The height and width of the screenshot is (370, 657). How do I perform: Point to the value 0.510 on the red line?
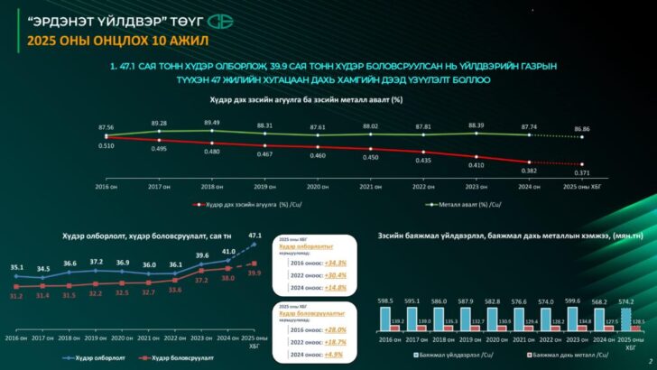pos(106,144)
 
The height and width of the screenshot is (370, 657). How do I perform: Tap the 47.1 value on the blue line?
pos(254,236)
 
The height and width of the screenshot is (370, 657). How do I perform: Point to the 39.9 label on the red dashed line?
pos(254,273)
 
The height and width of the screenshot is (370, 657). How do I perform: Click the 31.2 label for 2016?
pos(15,296)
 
